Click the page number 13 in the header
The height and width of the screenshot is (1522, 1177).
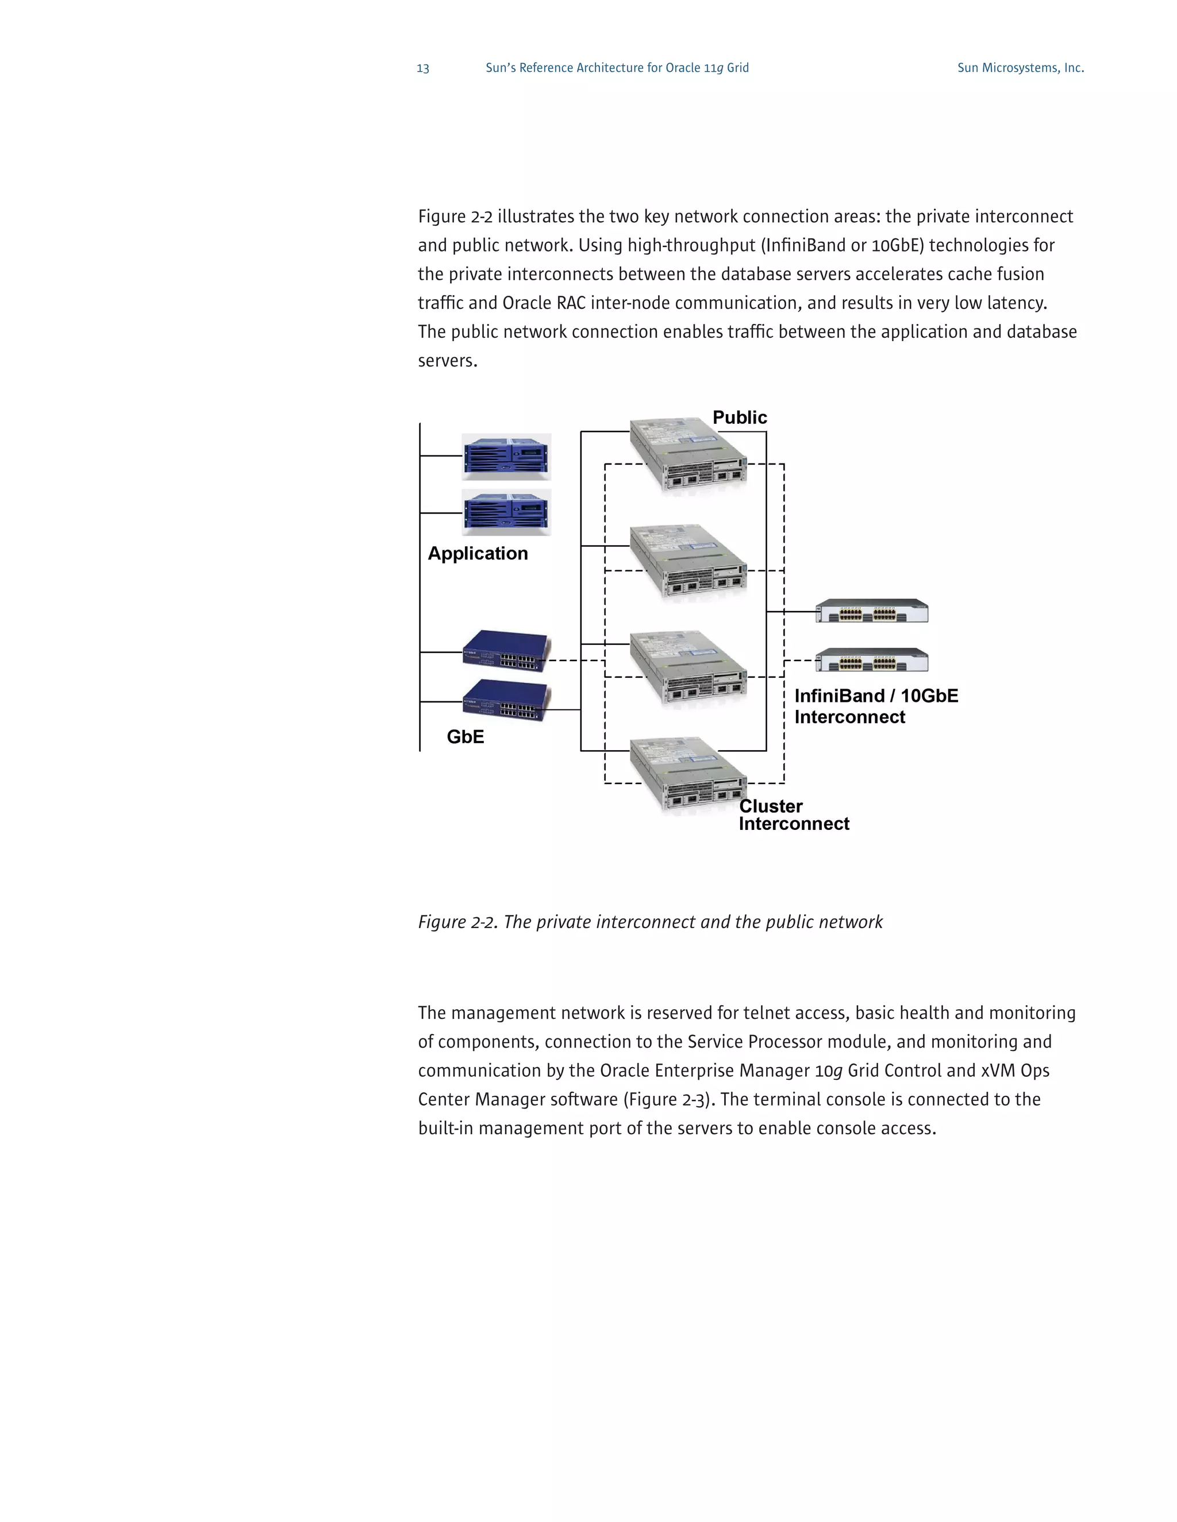pyautogui.click(x=422, y=68)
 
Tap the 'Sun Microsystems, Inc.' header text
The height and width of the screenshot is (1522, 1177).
pyautogui.click(x=1020, y=68)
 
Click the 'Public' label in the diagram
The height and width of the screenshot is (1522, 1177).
pyautogui.click(x=739, y=418)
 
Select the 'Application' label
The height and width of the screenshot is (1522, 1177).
pyautogui.click(x=478, y=553)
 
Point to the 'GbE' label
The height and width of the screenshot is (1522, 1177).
pyautogui.click(x=465, y=737)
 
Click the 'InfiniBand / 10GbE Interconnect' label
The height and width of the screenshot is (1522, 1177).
pyautogui.click(x=876, y=706)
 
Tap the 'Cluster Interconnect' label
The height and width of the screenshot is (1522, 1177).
pyautogui.click(x=794, y=814)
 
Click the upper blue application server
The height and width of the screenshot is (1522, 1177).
pyautogui.click(x=506, y=457)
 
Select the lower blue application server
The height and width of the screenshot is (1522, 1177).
pyautogui.click(x=506, y=513)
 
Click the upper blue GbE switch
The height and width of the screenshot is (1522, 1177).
pyautogui.click(x=506, y=651)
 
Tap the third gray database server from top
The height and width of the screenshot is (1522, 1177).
pyautogui.click(x=687, y=667)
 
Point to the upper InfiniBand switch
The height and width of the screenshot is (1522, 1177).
pyautogui.click(x=872, y=611)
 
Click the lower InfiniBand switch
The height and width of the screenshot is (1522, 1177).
pyautogui.click(x=872, y=660)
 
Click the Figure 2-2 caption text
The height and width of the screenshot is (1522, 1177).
pyautogui.click(x=650, y=922)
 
